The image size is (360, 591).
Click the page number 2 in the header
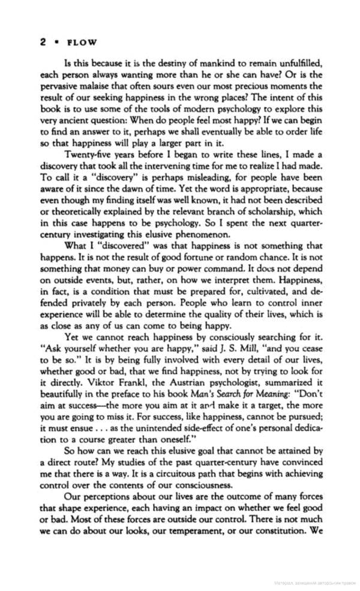(43, 42)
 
